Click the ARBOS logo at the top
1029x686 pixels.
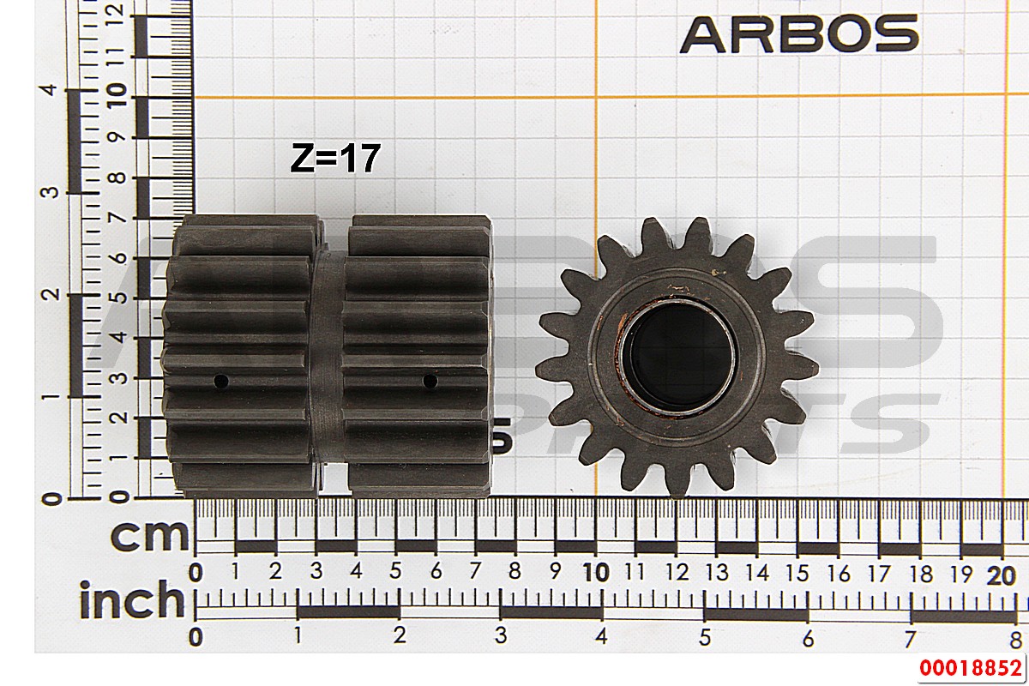[799, 33]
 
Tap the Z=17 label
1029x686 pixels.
[335, 158]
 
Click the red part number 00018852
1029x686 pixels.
[970, 668]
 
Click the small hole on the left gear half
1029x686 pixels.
[221, 381]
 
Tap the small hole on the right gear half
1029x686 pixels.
[430, 381]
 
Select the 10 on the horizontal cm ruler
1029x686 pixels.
[595, 573]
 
